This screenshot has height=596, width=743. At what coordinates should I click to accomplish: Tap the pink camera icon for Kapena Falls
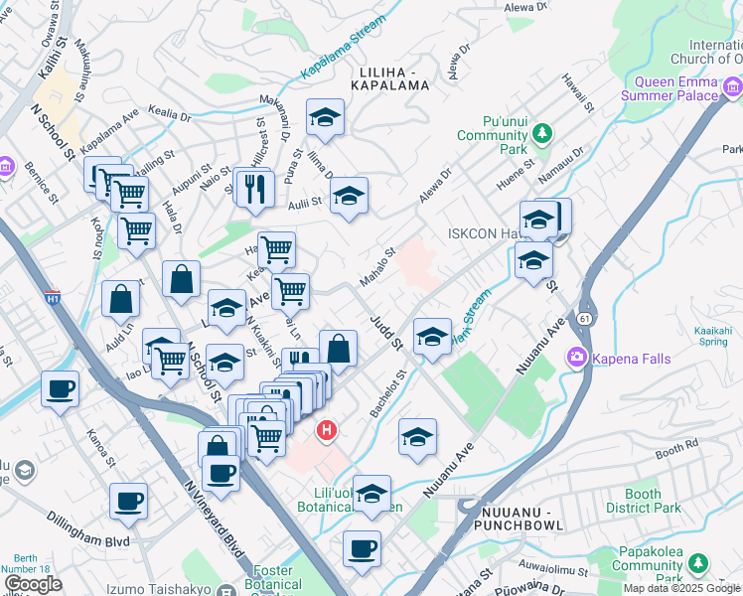pyautogui.click(x=575, y=358)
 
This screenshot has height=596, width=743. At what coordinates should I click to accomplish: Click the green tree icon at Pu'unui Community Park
pyautogui.click(x=541, y=132)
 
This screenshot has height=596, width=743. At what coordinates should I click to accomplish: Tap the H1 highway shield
pyautogui.click(x=52, y=297)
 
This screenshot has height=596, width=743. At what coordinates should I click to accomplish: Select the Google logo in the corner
pyautogui.click(x=33, y=584)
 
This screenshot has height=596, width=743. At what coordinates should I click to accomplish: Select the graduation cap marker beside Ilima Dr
pyautogui.click(x=324, y=119)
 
